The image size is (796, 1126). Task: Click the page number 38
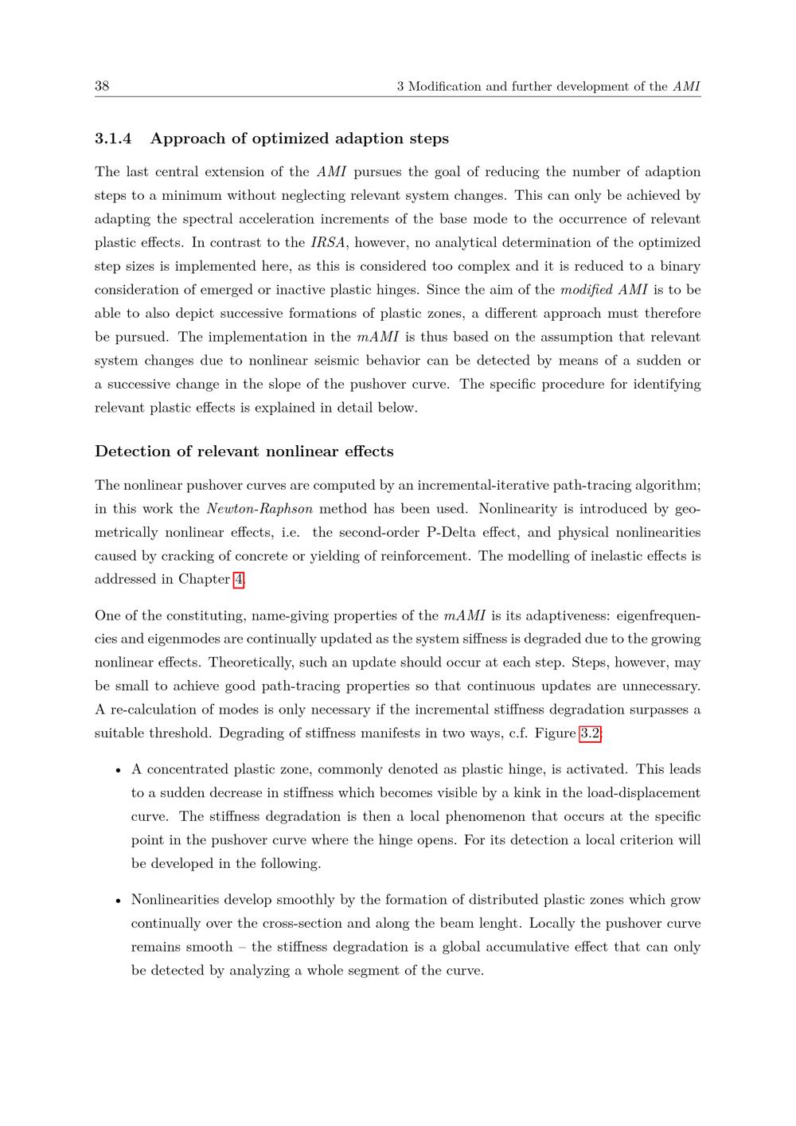tap(102, 86)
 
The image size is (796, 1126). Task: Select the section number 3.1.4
tap(112, 139)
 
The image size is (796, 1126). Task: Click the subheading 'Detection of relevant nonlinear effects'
tap(244, 452)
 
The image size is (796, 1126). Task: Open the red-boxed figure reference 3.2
tap(590, 733)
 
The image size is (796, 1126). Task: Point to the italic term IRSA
tap(327, 243)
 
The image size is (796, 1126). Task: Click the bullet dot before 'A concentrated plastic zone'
tap(118, 770)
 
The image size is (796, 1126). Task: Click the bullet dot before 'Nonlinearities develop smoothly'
tap(118, 901)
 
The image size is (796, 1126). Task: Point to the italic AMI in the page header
tap(686, 87)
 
